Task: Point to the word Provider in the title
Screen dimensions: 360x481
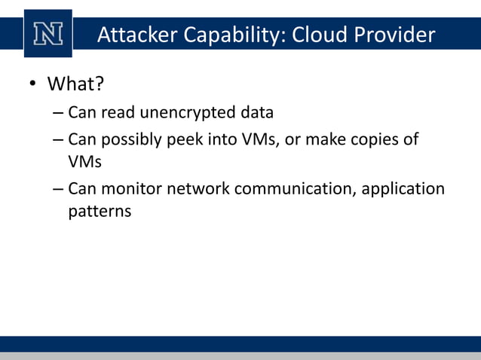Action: coord(396,35)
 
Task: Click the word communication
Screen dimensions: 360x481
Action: coord(295,188)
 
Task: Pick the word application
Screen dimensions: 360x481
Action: coord(403,188)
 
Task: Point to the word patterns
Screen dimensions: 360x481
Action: coord(100,212)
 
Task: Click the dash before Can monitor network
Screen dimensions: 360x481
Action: coord(59,188)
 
